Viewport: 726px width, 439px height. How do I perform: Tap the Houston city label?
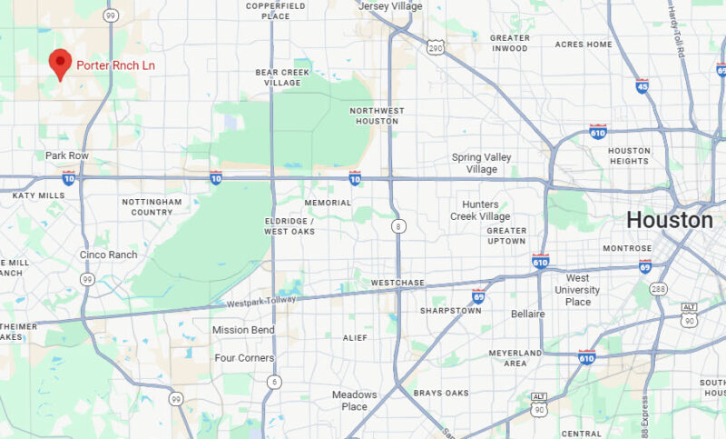(670, 220)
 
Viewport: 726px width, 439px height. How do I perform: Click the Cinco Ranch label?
(108, 254)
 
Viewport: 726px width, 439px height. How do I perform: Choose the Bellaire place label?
(527, 314)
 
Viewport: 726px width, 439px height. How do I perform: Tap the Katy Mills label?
(38, 195)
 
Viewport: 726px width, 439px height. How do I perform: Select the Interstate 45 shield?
(642, 87)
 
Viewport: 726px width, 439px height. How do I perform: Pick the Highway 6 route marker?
(273, 383)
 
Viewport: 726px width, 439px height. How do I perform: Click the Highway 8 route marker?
(397, 224)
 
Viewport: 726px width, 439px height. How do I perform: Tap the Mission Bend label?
(243, 330)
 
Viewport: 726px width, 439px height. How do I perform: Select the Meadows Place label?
(354, 401)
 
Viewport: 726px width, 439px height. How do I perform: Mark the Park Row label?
(67, 155)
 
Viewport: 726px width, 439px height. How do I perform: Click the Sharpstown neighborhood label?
(450, 311)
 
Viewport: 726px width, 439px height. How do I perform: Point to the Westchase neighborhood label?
(397, 284)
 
